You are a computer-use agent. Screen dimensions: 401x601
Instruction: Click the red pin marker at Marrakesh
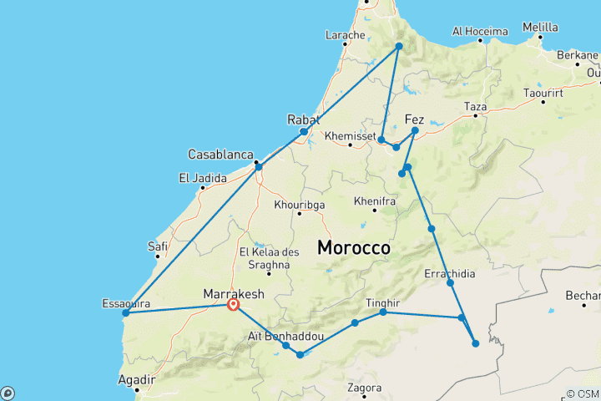234,306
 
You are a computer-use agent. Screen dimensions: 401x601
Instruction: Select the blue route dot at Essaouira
125,313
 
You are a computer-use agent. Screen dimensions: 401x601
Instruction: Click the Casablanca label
220,155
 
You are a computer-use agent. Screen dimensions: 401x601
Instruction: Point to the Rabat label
303,119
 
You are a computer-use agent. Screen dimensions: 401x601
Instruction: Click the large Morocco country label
354,248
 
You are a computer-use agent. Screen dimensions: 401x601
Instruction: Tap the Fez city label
414,119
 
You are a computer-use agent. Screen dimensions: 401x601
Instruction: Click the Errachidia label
452,273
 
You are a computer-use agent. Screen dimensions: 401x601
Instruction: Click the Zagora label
365,388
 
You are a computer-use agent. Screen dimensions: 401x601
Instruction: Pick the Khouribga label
298,204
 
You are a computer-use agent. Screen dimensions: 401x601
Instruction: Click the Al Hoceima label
480,32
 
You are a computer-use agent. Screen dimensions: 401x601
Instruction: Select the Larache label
346,35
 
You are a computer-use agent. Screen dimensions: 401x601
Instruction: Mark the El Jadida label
198,178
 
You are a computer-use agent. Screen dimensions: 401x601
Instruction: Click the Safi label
158,246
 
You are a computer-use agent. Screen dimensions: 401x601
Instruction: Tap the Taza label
475,107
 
